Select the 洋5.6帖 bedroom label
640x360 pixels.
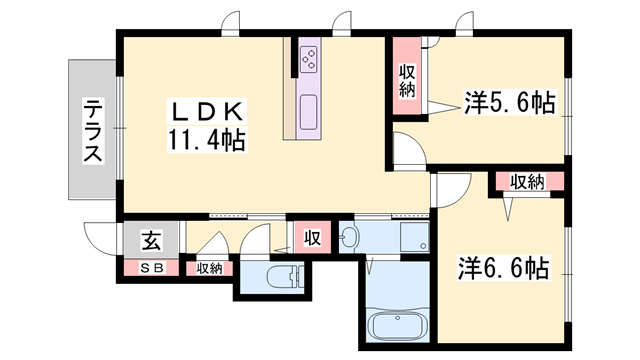pyautogui.click(x=509, y=103)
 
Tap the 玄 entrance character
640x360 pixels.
pyautogui.click(x=150, y=240)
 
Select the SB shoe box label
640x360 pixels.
pyautogui.click(x=151, y=267)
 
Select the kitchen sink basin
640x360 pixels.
pyautogui.click(x=309, y=107)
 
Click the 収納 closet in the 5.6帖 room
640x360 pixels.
pyautogui.click(x=407, y=79)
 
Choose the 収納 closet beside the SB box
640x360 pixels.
pyautogui.click(x=209, y=267)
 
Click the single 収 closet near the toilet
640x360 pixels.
pyautogui.click(x=311, y=238)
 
